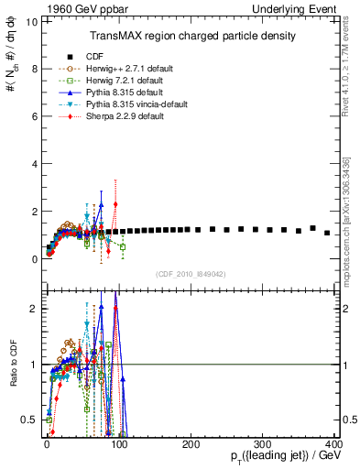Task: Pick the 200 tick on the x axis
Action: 191,444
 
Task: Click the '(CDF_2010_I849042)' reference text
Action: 191,274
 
